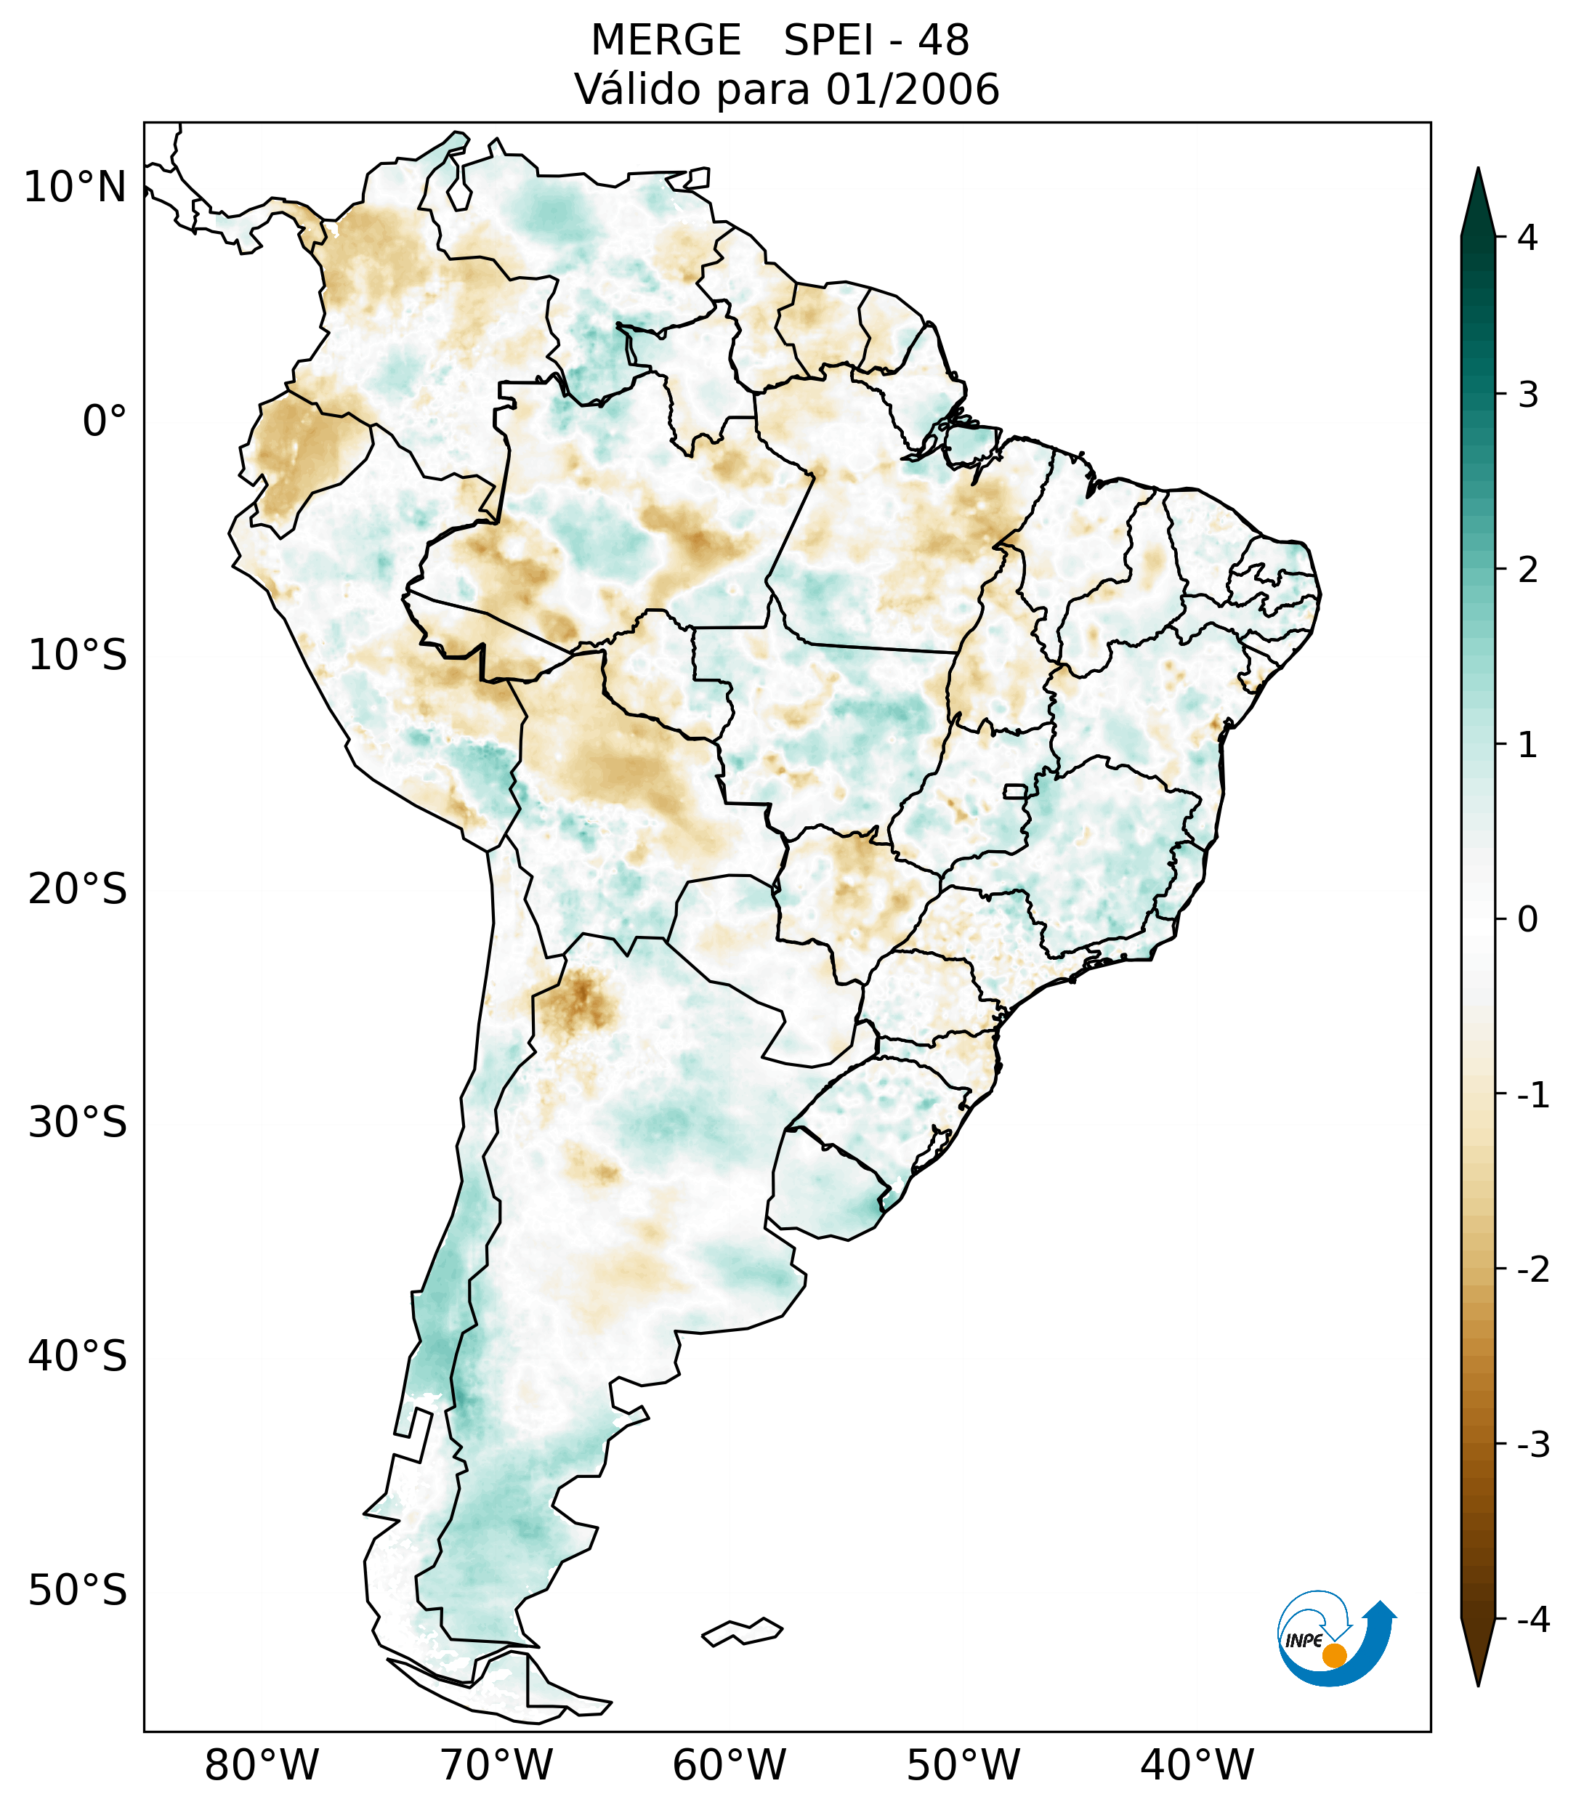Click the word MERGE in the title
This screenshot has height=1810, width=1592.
pyautogui.click(x=665, y=41)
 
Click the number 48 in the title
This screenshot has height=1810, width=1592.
pyautogui.click(x=943, y=41)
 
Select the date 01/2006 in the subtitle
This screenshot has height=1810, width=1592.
pyautogui.click(x=912, y=89)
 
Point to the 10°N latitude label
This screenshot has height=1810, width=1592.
pyautogui.click(x=74, y=187)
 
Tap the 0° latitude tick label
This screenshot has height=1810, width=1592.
pyautogui.click(x=104, y=421)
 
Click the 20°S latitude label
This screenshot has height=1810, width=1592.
pyautogui.click(x=77, y=889)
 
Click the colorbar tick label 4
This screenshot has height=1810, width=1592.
pyautogui.click(x=1527, y=238)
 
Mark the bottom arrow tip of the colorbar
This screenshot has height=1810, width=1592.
pyautogui.click(x=1477, y=1684)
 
